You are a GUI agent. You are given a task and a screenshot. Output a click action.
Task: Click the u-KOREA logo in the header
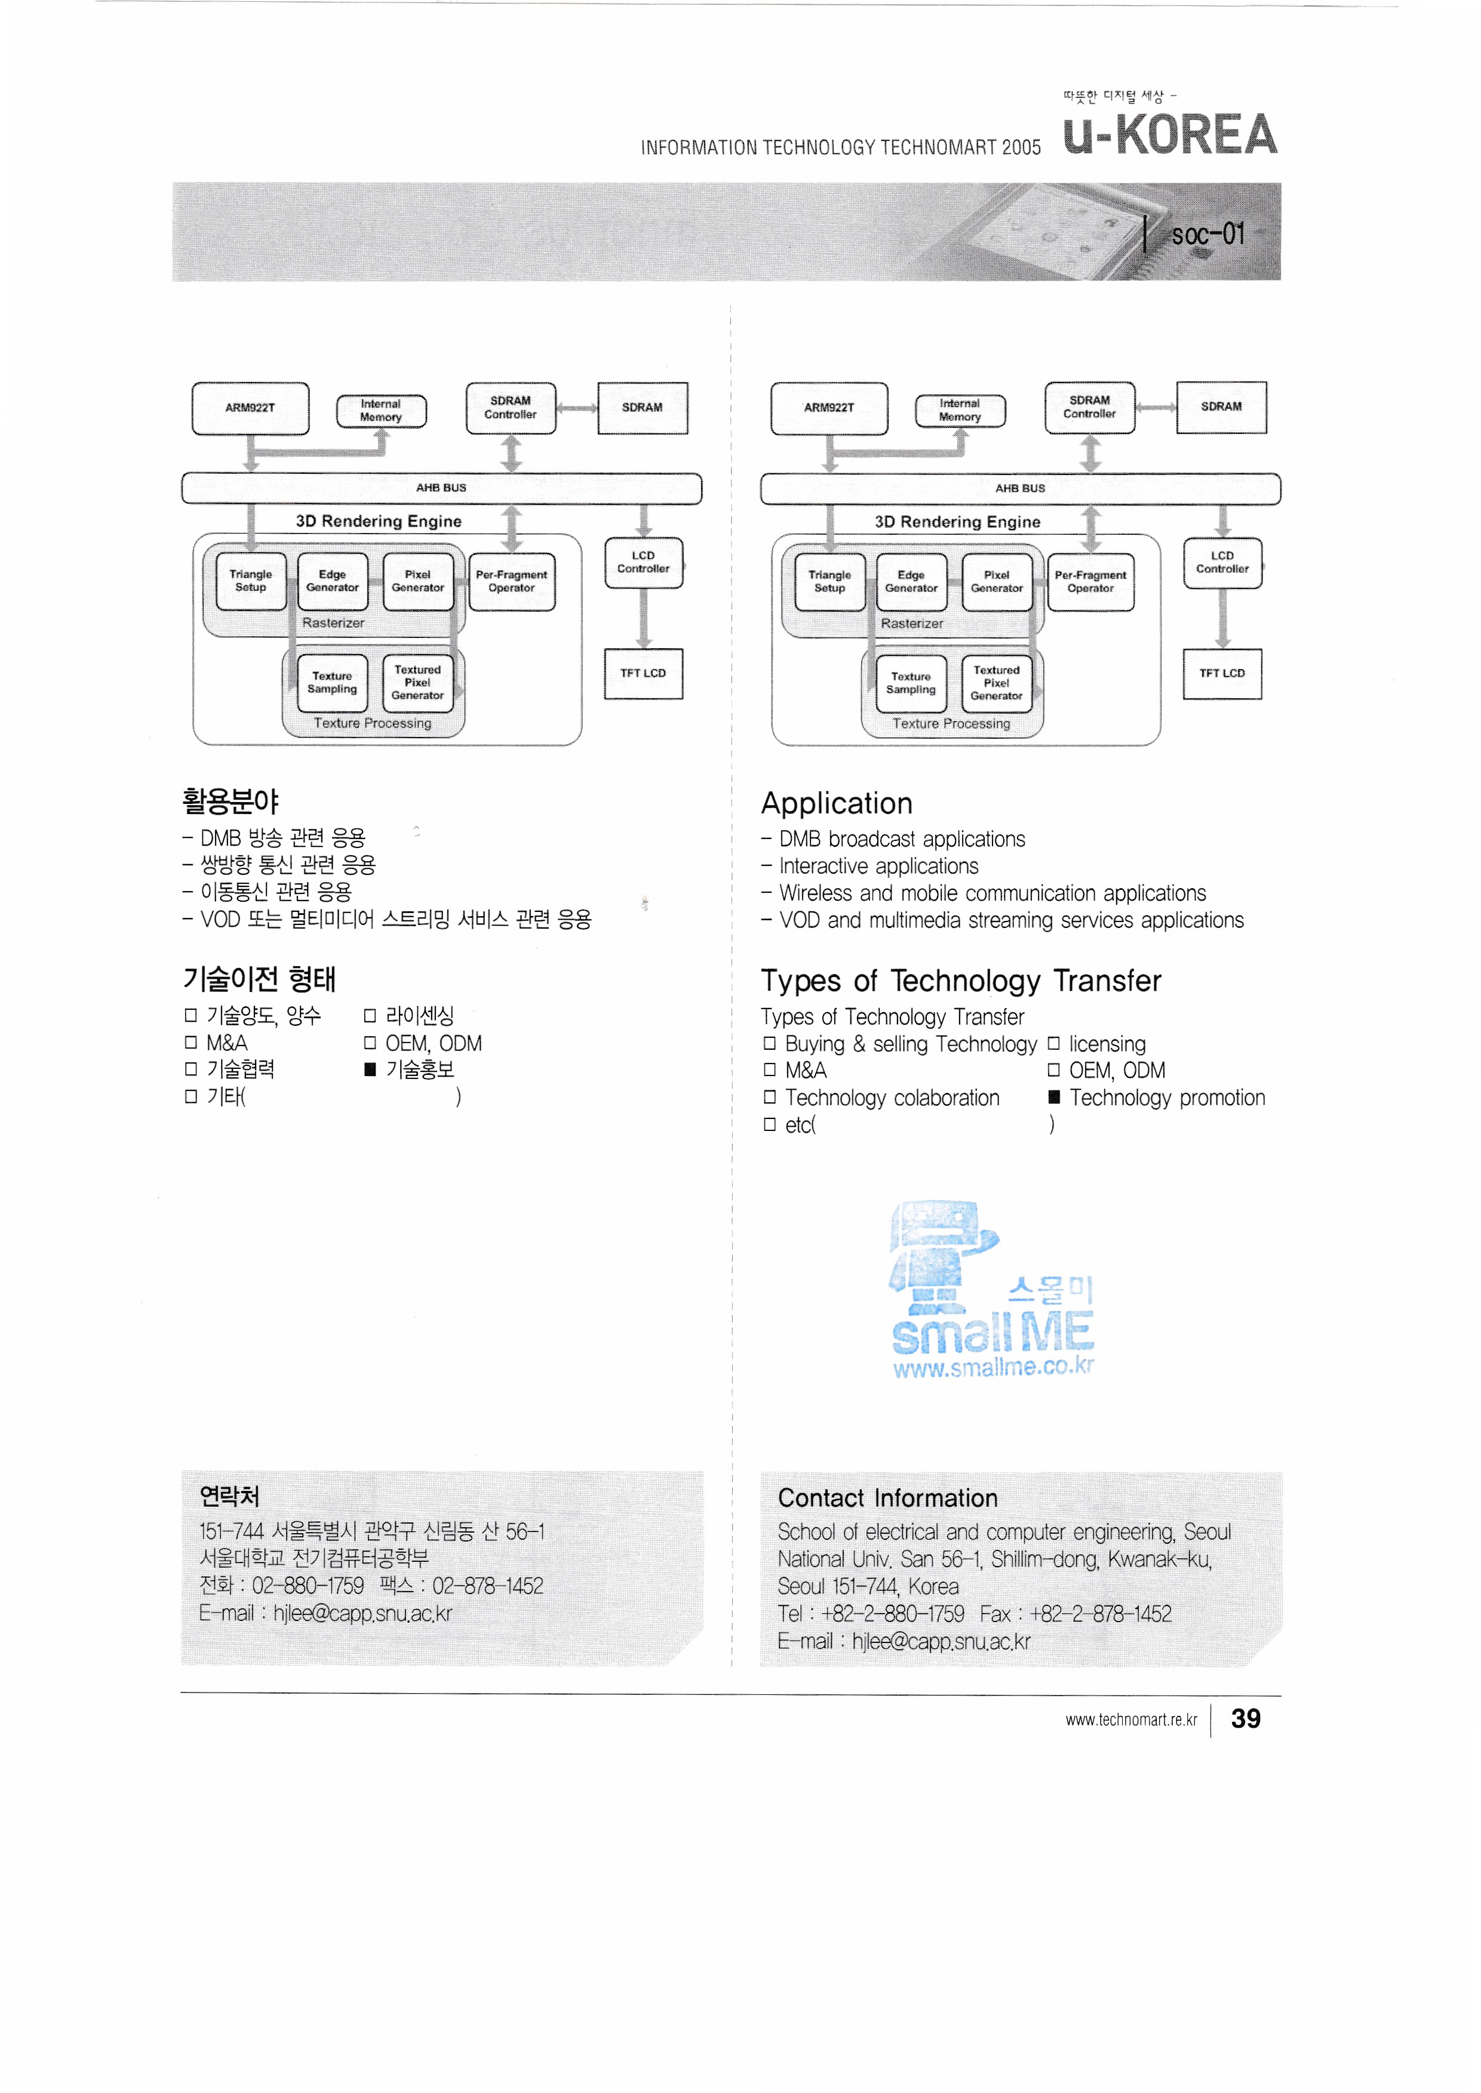tap(1170, 135)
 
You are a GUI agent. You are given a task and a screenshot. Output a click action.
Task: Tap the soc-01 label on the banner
tap(1207, 235)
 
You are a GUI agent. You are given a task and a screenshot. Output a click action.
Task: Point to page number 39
tap(1246, 1718)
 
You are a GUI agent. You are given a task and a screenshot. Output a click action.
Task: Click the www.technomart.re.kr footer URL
tap(1131, 1720)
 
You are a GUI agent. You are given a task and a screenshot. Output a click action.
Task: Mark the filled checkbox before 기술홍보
tap(370, 1069)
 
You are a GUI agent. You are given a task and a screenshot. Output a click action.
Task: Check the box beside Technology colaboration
tap(770, 1098)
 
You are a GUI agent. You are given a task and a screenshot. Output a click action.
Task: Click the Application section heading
tap(836, 803)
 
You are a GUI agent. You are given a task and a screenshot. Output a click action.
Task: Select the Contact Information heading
tap(887, 1498)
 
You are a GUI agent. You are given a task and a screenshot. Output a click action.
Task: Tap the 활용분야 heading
tap(231, 802)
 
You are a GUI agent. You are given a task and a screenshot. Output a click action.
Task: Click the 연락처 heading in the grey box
tap(230, 1496)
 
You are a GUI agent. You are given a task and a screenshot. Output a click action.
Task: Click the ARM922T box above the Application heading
tap(829, 408)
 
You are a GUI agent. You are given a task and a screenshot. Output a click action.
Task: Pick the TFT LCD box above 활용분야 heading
tap(644, 674)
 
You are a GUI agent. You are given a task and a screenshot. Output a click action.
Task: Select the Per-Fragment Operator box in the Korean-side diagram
tap(512, 582)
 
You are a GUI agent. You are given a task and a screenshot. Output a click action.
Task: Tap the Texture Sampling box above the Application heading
tap(911, 683)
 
